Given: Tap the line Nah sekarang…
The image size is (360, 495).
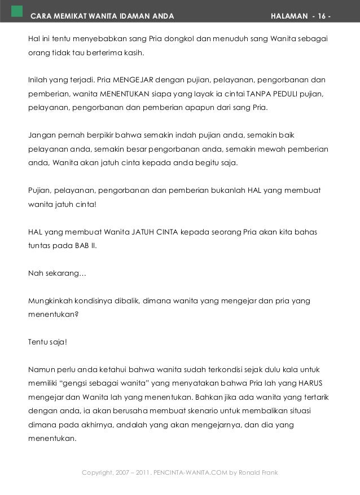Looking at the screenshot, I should (x=58, y=273).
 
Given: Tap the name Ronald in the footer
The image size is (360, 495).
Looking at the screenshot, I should (x=252, y=472).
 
